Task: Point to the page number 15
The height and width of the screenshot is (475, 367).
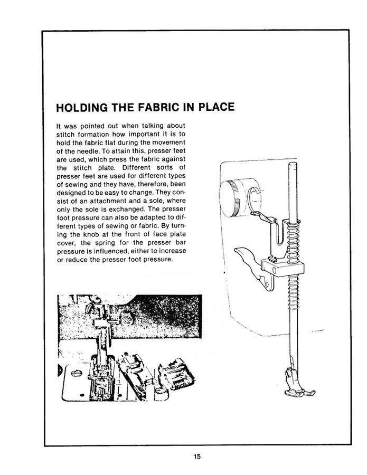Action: pyautogui.click(x=197, y=456)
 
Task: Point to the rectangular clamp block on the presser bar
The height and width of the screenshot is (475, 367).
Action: pyautogui.click(x=283, y=268)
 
